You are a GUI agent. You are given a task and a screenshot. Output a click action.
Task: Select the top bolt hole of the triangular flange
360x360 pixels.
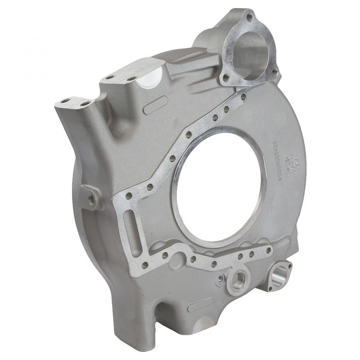(x=249, y=18)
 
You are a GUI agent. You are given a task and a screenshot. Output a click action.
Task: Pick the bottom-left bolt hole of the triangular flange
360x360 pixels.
(x=226, y=78)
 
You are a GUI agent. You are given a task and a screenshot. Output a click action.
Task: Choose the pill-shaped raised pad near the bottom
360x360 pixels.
(x=200, y=305)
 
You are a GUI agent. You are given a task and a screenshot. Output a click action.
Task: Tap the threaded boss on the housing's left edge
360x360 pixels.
(x=91, y=198)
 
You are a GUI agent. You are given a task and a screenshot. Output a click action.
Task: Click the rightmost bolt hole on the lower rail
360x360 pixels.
(x=269, y=250)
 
